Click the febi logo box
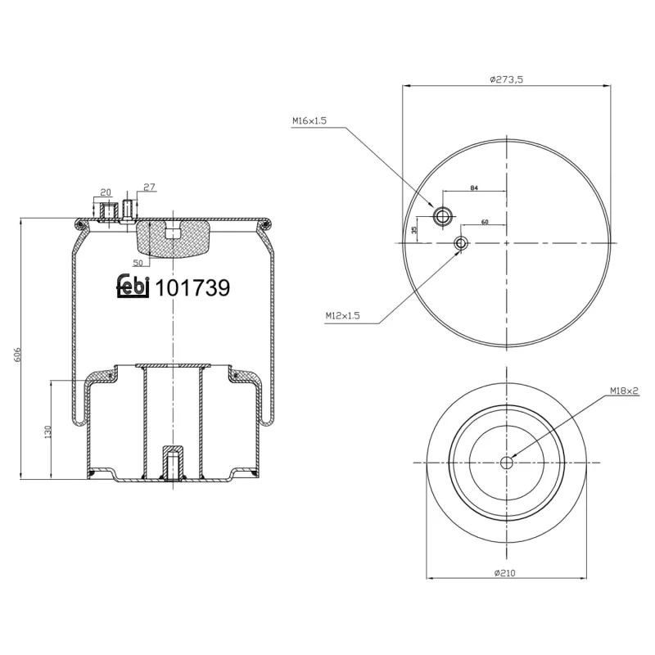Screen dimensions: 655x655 tap(133, 287)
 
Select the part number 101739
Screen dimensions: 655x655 tap(192, 288)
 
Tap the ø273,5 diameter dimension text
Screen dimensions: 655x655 tap(506, 79)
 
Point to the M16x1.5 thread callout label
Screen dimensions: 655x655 tap(309, 120)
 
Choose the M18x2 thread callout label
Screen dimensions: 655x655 tap(623, 391)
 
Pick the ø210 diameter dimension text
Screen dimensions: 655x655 tap(506, 573)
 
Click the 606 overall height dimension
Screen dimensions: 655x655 tap(17, 354)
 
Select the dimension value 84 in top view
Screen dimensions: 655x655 tap(474, 188)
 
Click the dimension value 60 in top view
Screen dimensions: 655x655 tap(485, 222)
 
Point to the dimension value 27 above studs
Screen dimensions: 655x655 tap(149, 187)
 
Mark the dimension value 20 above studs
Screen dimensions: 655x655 tap(105, 192)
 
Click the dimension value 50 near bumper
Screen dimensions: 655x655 tap(138, 262)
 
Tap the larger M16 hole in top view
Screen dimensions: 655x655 tap(443, 216)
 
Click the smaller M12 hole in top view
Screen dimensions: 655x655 tap(461, 243)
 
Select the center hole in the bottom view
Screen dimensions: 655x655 tap(506, 463)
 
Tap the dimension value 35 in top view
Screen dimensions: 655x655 tap(414, 229)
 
